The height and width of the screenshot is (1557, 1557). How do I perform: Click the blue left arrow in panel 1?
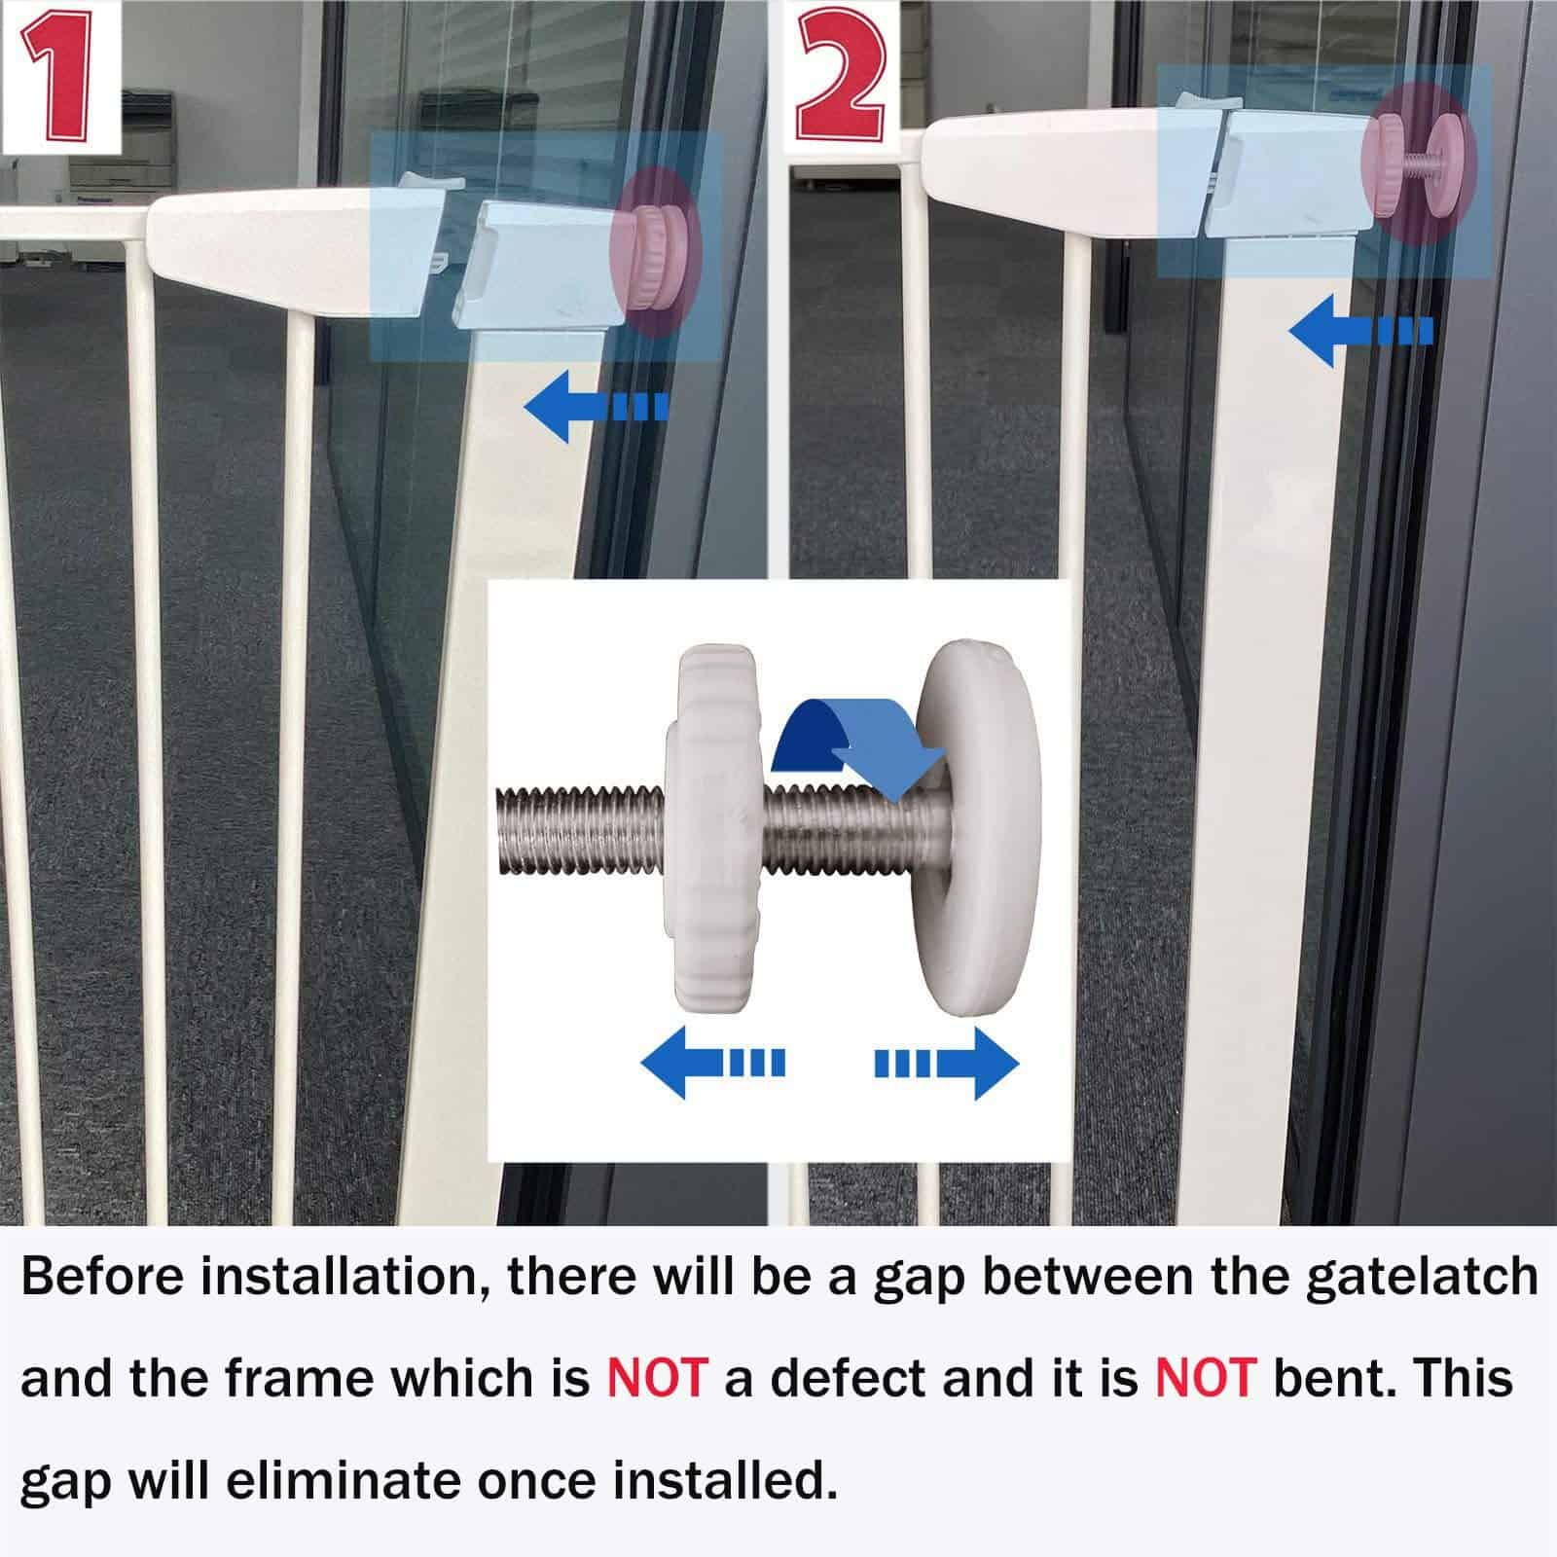(x=594, y=406)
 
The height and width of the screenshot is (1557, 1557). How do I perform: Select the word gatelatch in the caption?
(x=1421, y=1277)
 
